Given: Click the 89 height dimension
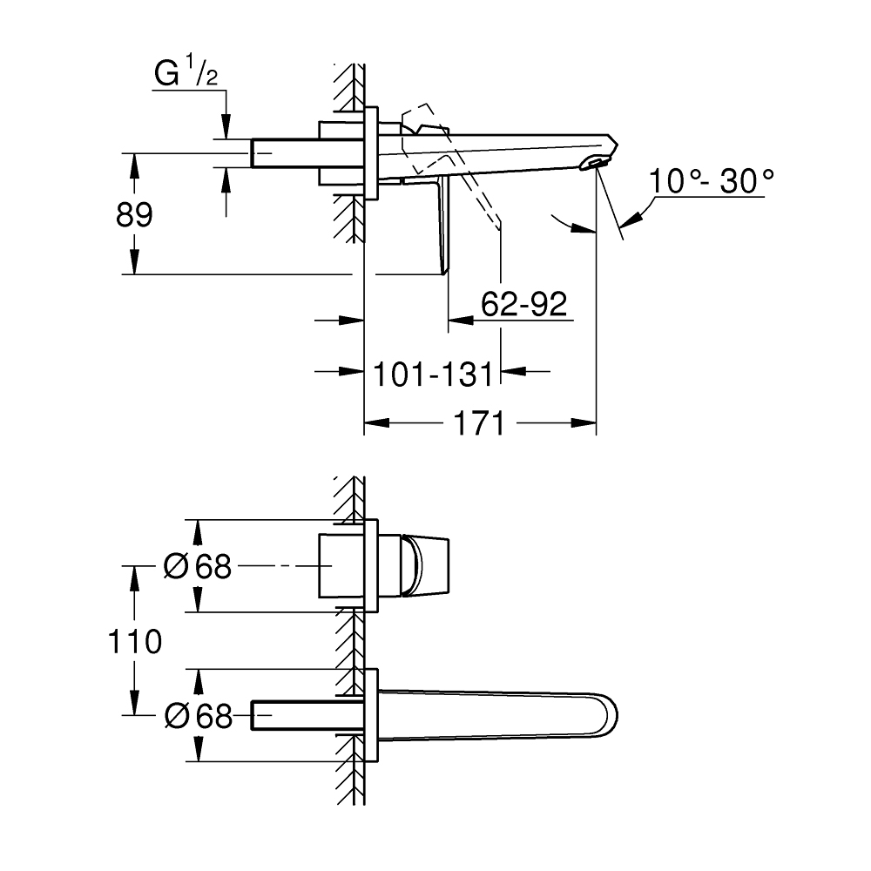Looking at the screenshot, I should [x=134, y=214].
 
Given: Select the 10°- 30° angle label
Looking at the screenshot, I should [x=711, y=183].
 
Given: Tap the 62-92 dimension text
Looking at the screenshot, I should [x=524, y=304].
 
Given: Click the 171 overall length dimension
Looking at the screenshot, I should [x=479, y=424].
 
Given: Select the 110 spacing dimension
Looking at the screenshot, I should [x=134, y=643].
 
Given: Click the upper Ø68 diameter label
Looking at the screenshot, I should [x=199, y=567].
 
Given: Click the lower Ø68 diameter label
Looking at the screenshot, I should [x=199, y=716].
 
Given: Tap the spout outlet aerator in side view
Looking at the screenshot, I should [x=595, y=163].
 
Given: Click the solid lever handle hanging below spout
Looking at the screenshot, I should [x=442, y=226].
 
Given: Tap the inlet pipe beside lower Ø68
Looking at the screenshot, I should [x=296, y=716].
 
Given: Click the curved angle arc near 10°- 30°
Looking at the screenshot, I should [x=570, y=224].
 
